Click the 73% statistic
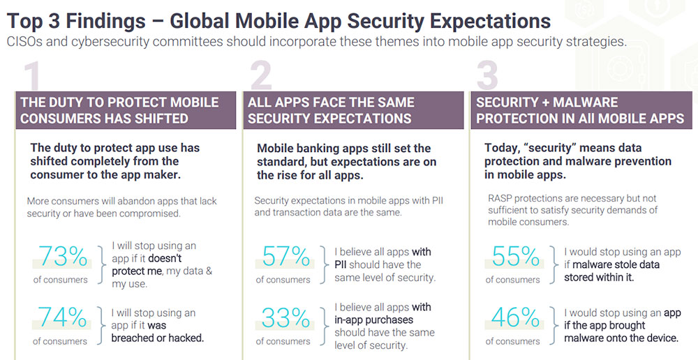64,257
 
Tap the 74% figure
64,319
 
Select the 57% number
286,257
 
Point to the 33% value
286,319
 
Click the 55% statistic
516,257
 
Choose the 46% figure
516,319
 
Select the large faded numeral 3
487,77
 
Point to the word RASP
500,198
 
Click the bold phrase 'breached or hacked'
157,338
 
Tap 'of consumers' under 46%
513,341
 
